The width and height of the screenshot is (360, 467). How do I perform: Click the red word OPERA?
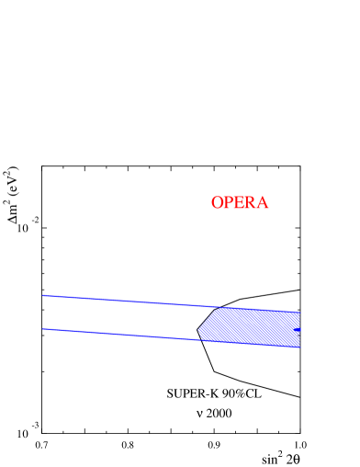240,202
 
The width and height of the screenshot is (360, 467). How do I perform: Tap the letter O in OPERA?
218,202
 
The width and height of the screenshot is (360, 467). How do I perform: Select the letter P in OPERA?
229,202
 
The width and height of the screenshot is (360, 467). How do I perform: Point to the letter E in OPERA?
240,202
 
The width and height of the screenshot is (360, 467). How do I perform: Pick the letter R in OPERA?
251,202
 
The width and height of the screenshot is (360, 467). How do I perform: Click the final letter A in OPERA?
263,202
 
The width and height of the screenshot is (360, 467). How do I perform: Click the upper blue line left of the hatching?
129,301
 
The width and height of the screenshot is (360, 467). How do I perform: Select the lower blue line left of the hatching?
119,334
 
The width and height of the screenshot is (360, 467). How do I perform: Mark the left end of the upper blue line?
42,296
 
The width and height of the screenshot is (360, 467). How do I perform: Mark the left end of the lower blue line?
42,328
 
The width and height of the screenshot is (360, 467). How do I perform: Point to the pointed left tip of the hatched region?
198,329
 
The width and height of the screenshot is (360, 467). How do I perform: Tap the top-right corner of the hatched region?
299,312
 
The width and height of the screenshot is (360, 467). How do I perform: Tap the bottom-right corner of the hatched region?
299,347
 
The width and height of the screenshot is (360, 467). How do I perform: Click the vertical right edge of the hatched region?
299,329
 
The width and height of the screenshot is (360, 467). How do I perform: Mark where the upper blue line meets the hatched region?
219,307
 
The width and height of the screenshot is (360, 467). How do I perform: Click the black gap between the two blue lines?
119,317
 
